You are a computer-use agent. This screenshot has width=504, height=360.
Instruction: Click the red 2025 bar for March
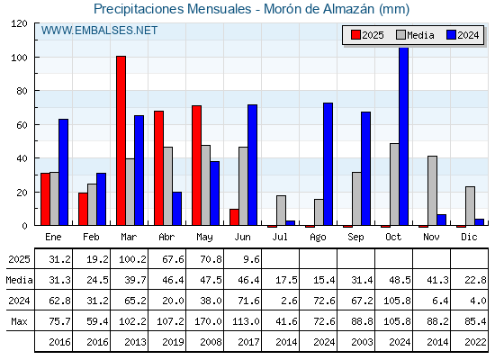[121, 140]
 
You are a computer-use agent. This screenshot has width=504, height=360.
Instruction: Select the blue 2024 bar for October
[404, 136]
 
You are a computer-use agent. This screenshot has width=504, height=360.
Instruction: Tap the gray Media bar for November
[432, 191]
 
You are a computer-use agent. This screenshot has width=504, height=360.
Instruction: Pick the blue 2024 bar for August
[328, 164]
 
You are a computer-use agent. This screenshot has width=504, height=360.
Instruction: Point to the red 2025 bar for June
[234, 217]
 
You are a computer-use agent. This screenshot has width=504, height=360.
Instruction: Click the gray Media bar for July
[281, 211]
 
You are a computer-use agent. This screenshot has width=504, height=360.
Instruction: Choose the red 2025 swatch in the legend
[355, 35]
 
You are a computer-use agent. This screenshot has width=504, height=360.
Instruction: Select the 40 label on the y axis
[22, 158]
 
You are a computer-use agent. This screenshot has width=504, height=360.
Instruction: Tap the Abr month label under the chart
[166, 237]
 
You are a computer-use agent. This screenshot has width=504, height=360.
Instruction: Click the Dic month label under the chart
[469, 237]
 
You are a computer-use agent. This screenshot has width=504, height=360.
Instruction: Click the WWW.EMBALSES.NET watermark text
[99, 31]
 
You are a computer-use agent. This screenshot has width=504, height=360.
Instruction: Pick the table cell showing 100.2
[132, 259]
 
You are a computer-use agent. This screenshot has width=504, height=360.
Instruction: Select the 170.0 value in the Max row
[208, 321]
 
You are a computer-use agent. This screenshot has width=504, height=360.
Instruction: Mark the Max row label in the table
[19, 321]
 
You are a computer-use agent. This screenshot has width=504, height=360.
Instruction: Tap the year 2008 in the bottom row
[211, 342]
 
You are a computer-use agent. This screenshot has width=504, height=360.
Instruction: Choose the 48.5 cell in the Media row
[400, 280]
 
